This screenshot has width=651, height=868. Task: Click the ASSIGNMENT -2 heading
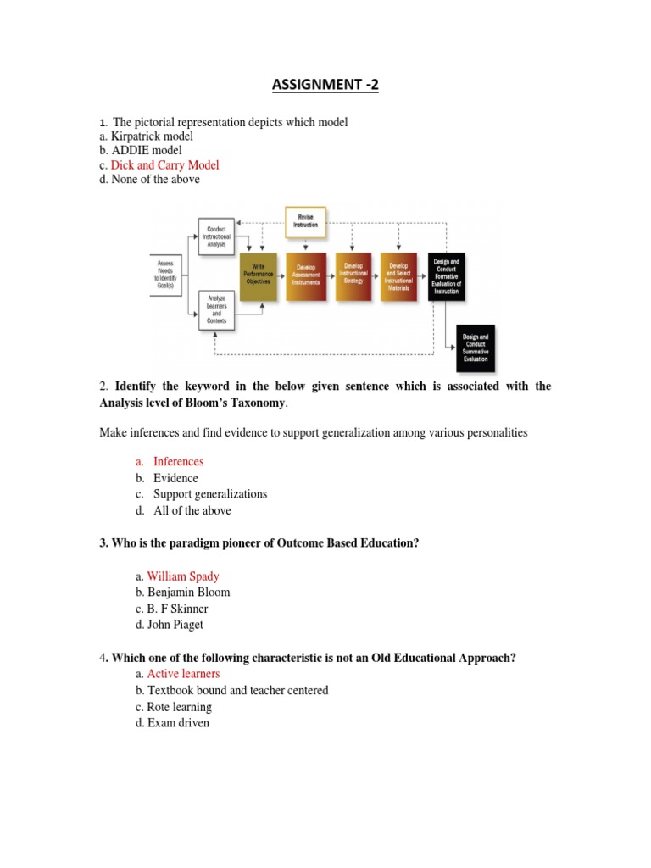click(325, 85)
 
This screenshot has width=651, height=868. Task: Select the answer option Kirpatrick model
click(152, 136)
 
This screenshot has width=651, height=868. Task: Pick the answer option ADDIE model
click(146, 151)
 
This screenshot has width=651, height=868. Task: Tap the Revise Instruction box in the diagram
click(306, 220)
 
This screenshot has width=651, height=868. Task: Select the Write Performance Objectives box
click(259, 277)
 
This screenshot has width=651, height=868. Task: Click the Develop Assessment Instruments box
click(306, 277)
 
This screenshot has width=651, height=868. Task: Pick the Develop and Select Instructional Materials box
click(398, 277)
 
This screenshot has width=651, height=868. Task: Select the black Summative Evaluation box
click(475, 347)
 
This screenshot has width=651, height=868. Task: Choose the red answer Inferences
click(178, 462)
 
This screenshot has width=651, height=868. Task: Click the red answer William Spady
click(182, 576)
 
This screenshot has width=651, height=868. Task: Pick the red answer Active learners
click(183, 674)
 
